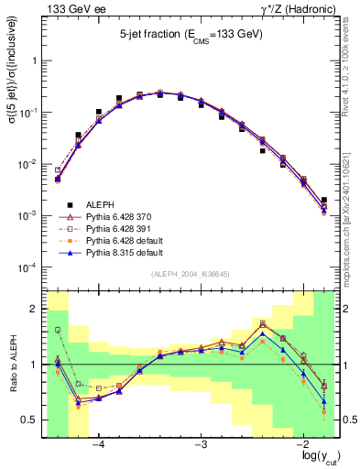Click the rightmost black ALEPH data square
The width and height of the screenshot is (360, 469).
tap(324, 200)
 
